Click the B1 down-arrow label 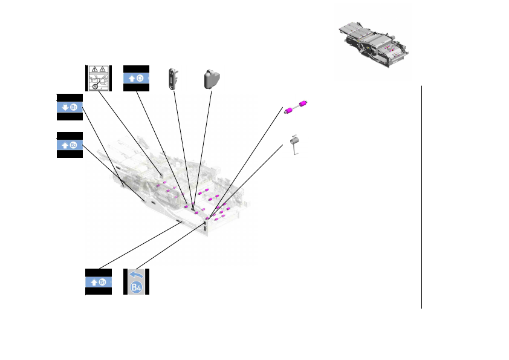click(x=70, y=107)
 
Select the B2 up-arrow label click(x=70, y=145)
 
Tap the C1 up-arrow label click(x=136, y=77)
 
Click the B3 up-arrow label click(x=98, y=282)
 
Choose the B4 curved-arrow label click(x=137, y=282)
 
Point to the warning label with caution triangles click(x=99, y=77)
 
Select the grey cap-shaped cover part click(x=211, y=77)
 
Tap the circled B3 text click(x=103, y=282)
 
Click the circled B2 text click(x=74, y=145)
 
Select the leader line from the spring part click(x=248, y=182)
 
